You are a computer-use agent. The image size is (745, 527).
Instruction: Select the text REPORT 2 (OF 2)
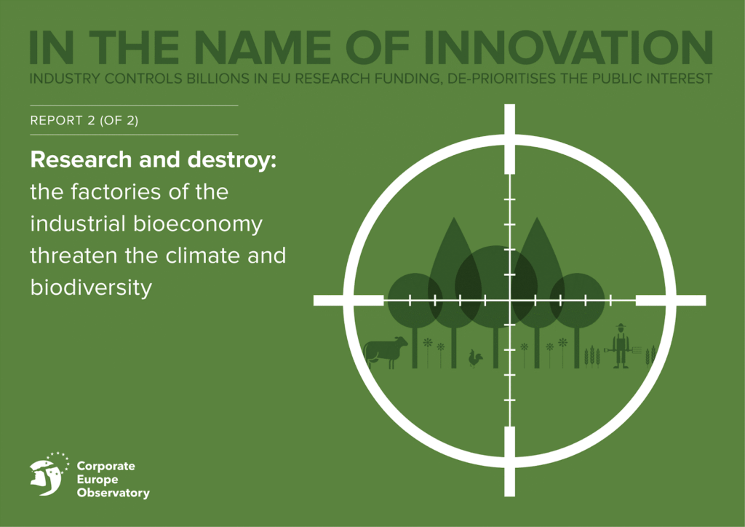(84, 121)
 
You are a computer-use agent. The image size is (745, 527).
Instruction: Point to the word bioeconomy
(198, 223)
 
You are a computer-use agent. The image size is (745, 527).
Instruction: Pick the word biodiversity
(91, 287)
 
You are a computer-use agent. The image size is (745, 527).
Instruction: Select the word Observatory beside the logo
(113, 494)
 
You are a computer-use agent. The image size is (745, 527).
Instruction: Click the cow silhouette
(386, 352)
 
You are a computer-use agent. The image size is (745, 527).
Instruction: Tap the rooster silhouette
(476, 359)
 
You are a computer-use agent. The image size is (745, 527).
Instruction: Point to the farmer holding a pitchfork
(621, 346)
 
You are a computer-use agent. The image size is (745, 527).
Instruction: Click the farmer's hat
(621, 326)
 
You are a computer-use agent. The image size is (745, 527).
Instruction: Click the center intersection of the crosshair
(509, 301)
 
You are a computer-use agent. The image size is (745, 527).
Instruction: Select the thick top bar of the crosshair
(509, 138)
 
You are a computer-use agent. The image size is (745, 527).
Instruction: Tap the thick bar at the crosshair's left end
(348, 301)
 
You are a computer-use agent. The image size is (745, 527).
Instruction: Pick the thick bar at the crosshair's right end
(671, 301)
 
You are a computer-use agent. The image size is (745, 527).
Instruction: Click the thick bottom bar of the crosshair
(509, 461)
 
